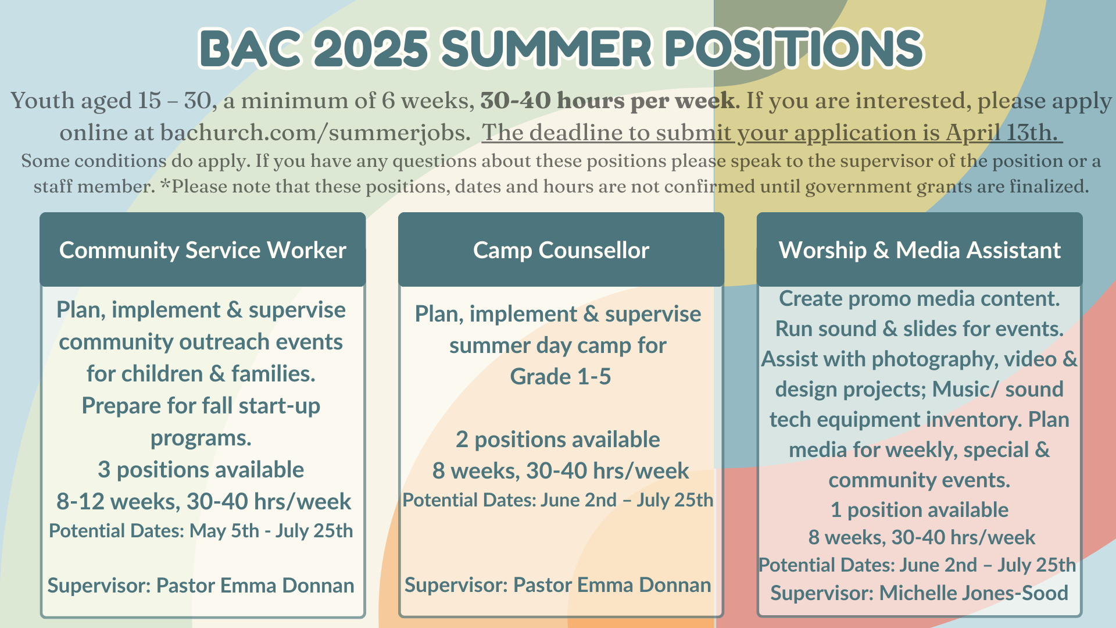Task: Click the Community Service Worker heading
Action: point(203,250)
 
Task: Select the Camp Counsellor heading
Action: point(561,250)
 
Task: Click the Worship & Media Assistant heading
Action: point(920,250)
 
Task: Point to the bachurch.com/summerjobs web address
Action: point(314,133)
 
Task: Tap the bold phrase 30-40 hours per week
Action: point(607,101)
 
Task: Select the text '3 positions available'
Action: point(201,469)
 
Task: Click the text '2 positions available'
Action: point(558,439)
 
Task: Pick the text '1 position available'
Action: point(920,509)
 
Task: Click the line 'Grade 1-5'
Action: point(561,376)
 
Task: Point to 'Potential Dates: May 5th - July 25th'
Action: point(201,530)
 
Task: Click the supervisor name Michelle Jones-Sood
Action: point(974,593)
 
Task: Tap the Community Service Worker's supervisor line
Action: point(201,585)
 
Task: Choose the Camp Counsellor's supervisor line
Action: point(558,584)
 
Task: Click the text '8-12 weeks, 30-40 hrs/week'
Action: point(203,501)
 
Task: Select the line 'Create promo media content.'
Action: point(920,298)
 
